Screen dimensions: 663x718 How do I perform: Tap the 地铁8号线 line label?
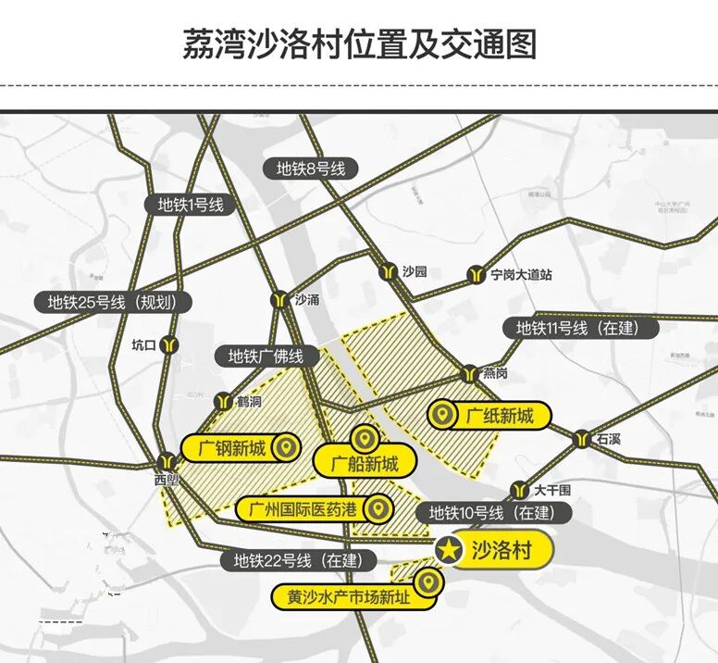[311, 169]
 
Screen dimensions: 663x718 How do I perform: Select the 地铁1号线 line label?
[191, 206]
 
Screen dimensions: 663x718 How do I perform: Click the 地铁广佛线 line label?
[266, 356]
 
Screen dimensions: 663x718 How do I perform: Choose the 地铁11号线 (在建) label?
[576, 328]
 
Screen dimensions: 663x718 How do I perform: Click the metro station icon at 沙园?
[389, 272]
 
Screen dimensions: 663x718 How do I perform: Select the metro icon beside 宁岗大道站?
[477, 274]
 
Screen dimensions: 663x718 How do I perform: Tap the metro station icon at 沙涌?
[279, 300]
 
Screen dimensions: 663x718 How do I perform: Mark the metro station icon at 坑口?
[168, 345]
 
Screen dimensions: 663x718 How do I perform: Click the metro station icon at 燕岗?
[469, 373]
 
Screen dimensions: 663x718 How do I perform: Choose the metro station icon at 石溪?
[583, 439]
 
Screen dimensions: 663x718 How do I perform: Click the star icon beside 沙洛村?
[449, 550]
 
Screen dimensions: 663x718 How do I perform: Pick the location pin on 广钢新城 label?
[288, 449]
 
